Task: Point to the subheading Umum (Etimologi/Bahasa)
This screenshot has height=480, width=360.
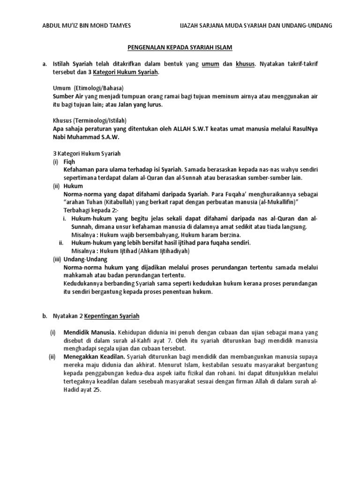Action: tap(88, 88)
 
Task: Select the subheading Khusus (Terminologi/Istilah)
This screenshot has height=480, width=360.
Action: tap(90, 120)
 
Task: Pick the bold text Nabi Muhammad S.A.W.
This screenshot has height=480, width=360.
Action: tap(86, 136)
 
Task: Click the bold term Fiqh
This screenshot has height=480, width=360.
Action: tap(69, 161)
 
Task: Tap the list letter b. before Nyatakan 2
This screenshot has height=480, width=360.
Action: tap(45, 316)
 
